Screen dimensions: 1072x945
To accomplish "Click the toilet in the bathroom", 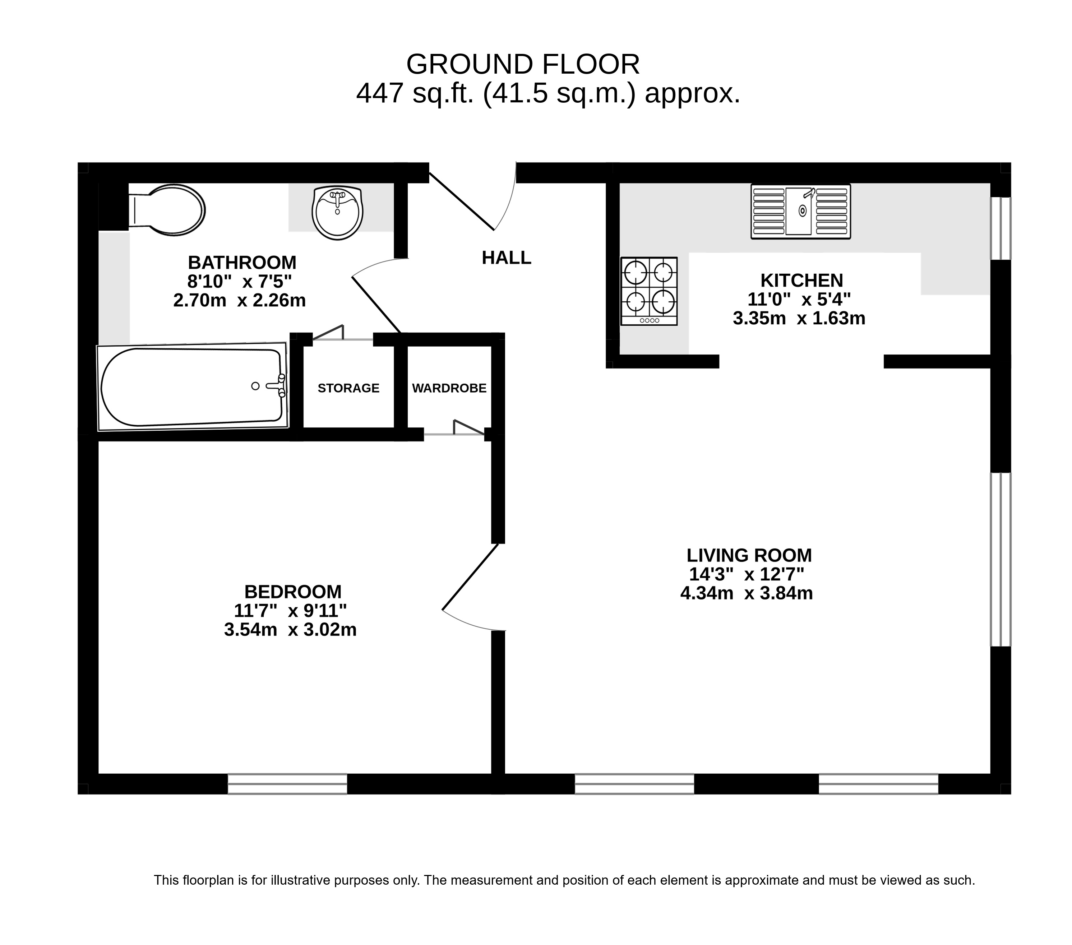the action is [x=167, y=210].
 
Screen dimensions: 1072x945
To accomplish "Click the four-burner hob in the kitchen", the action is [x=649, y=291].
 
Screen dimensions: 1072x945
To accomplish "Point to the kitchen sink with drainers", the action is [x=800, y=211].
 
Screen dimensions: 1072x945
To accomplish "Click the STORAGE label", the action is [x=348, y=388].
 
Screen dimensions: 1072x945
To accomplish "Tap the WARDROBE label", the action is [x=449, y=388].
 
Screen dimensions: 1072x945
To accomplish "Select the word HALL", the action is [x=506, y=258].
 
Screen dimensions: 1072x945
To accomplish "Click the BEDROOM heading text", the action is [x=293, y=592].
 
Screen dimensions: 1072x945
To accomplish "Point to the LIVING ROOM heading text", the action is [x=749, y=555].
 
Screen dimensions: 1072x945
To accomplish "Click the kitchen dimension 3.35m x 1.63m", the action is [x=799, y=318].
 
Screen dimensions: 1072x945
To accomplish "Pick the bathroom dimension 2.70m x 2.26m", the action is [x=239, y=301].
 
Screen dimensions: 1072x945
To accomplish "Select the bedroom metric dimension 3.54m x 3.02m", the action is [x=290, y=629].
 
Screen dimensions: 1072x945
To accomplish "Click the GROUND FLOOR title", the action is [x=523, y=65].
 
